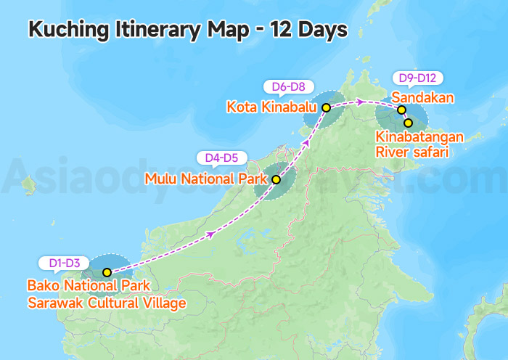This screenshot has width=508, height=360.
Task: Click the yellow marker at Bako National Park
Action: coord(107,273)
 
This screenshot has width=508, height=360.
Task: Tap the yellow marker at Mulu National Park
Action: coord(276,179)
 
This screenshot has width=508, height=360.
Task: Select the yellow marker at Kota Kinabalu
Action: coord(326,107)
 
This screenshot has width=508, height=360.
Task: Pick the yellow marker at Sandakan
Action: coord(401,110)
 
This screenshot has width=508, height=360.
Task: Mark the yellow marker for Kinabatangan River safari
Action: coord(408,123)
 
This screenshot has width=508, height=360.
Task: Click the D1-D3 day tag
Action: coord(65,262)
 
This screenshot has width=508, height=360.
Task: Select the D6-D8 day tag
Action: coord(288,86)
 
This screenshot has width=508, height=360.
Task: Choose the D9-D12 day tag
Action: coord(417,77)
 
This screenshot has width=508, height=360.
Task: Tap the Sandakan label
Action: coord(423,97)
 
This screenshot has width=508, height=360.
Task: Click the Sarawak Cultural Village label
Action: coord(107,303)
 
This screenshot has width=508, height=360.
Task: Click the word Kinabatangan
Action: coord(419,137)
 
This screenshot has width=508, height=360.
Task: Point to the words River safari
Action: coord(411,152)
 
